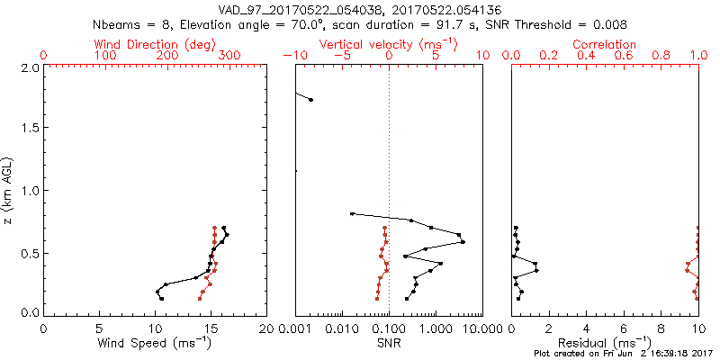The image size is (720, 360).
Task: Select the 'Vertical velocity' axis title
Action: pos(389,43)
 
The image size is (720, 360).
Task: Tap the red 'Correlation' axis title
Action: pos(605,43)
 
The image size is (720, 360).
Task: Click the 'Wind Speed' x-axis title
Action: pos(155,343)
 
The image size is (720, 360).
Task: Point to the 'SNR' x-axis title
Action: pos(389,343)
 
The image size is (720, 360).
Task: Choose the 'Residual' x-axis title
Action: pos(605,343)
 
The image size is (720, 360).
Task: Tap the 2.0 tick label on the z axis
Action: pos(31,67)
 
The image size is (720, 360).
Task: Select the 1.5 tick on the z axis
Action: pos(31,129)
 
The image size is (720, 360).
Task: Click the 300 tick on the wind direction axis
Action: pos(229,56)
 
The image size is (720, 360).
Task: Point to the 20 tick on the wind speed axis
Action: pos(266,328)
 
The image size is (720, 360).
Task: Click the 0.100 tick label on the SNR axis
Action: pos(389,328)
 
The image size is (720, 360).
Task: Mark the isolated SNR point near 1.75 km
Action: pos(310,99)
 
